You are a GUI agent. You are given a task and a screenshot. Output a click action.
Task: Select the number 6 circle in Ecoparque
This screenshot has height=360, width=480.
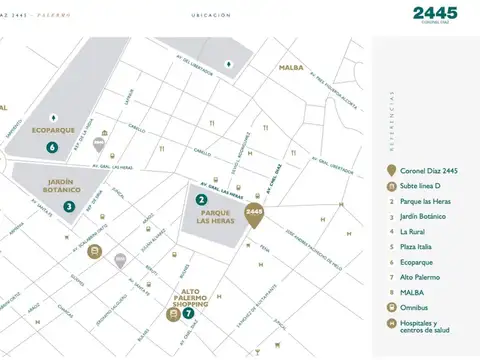pos(52,147)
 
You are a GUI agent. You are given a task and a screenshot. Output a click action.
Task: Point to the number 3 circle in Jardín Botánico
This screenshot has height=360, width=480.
pos(69,206)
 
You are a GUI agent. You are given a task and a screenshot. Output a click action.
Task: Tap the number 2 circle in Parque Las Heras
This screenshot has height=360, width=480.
pos(201,200)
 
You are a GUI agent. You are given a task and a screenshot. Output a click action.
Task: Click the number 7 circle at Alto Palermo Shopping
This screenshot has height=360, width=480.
pos(187,313)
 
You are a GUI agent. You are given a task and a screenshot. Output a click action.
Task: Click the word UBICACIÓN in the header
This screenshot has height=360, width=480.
pos(210,15)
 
